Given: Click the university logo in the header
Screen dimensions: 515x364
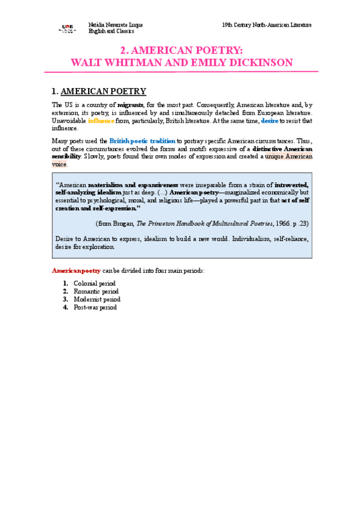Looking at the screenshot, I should click(x=67, y=28).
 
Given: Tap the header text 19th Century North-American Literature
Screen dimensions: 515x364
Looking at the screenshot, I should click(x=267, y=25).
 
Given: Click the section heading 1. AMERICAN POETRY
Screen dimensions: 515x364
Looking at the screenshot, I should click(x=99, y=92).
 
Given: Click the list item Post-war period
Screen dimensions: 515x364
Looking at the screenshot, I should click(x=95, y=307).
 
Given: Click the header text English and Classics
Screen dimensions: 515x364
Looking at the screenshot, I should click(x=111, y=32).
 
